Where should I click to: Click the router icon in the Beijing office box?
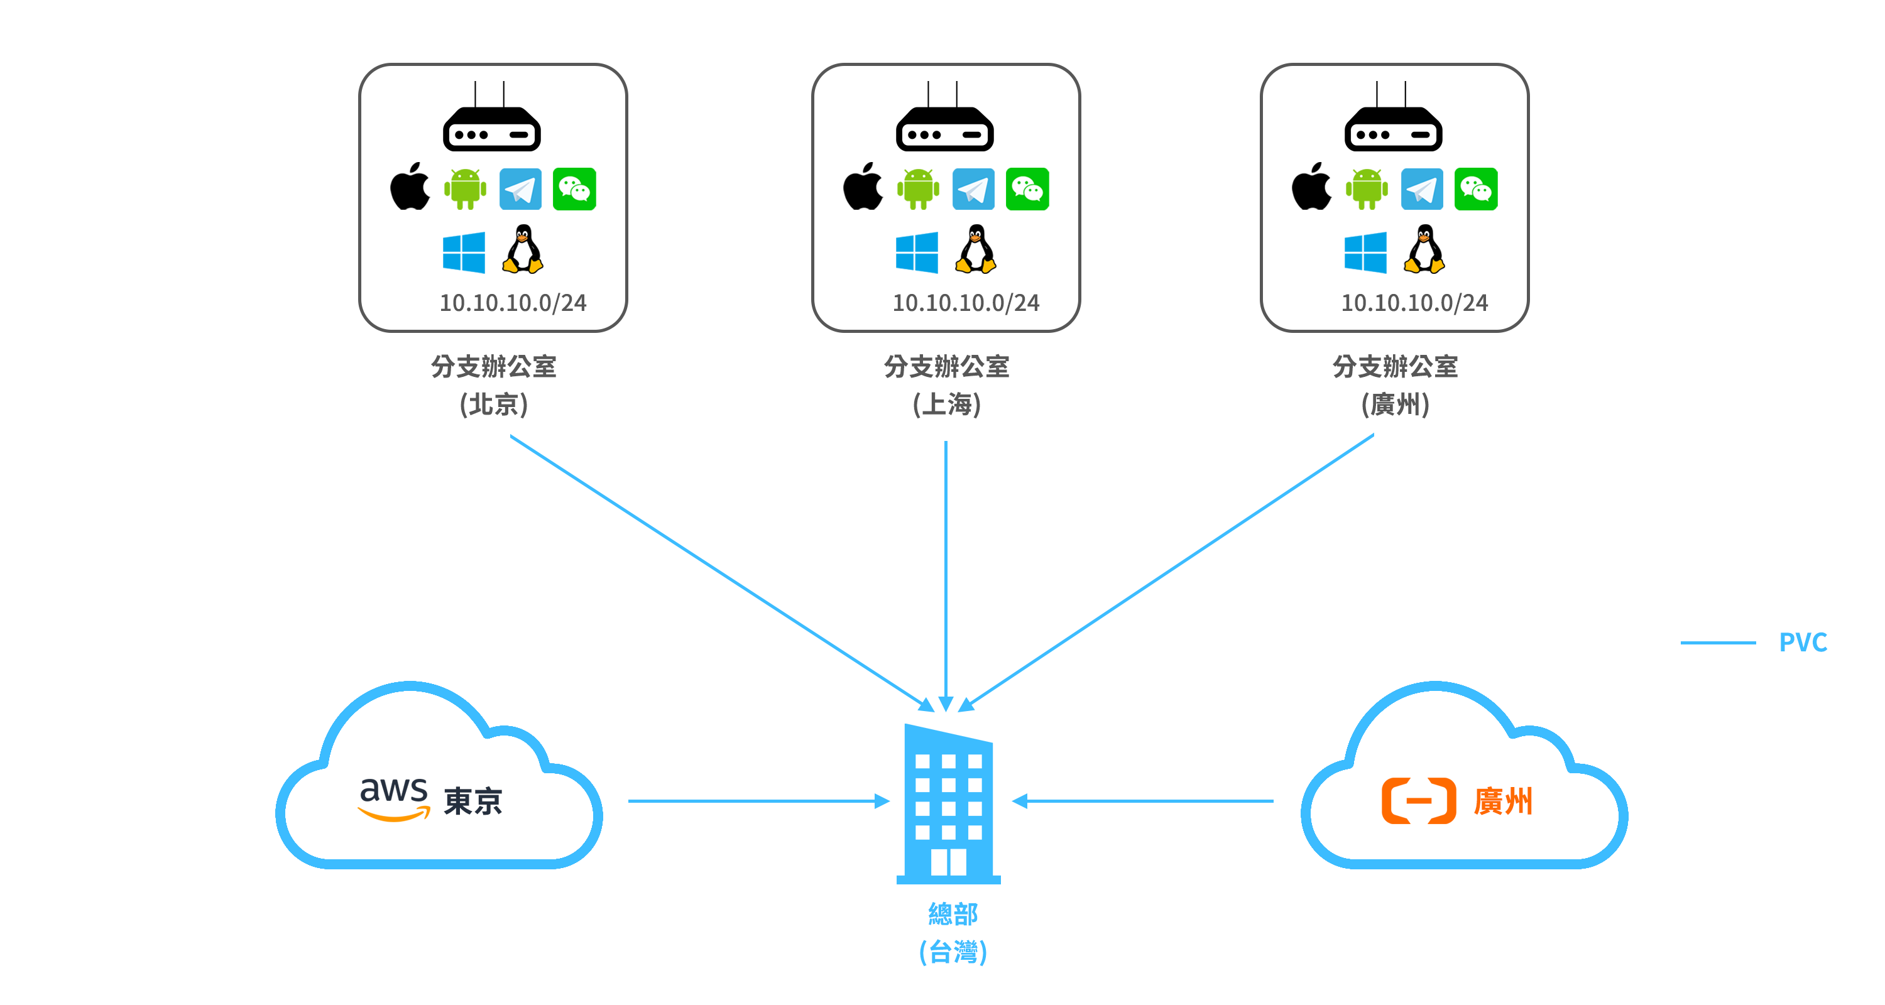click(x=491, y=124)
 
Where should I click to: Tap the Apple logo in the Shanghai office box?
click(x=863, y=187)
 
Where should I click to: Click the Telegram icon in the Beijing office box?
click(x=520, y=190)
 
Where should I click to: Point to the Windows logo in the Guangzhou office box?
click(x=1365, y=253)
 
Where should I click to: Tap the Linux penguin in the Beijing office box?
click(x=523, y=249)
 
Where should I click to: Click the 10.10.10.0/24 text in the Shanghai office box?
click(x=965, y=303)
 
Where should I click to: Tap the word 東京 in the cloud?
click(x=473, y=801)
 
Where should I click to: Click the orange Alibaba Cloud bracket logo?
click(x=1418, y=801)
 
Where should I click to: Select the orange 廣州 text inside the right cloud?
click(x=1502, y=801)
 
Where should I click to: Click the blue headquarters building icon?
click(x=948, y=805)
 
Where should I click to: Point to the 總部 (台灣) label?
click(x=953, y=933)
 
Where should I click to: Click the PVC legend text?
click(x=1802, y=642)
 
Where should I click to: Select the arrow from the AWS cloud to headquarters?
click(x=757, y=801)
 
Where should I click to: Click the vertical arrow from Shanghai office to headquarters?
click(x=946, y=570)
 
